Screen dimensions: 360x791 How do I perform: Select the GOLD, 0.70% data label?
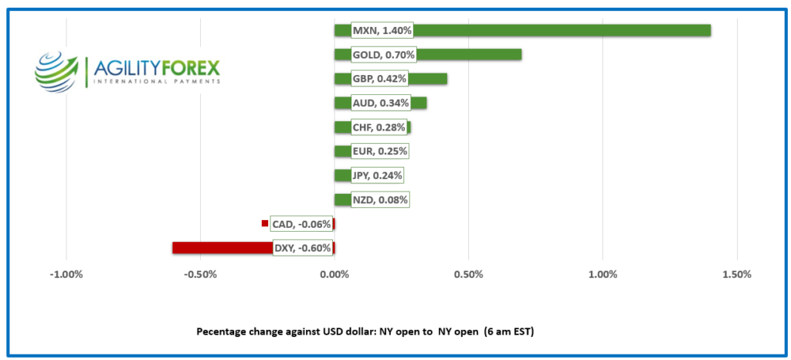(x=383, y=55)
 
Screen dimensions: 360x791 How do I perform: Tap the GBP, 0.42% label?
(x=379, y=79)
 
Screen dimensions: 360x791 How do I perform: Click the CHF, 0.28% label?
(x=379, y=127)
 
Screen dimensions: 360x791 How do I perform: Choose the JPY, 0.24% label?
(x=377, y=175)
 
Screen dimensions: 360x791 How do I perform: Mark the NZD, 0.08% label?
(x=379, y=199)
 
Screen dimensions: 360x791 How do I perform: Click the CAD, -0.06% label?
(x=301, y=224)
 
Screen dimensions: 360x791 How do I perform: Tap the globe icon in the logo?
(x=58, y=70)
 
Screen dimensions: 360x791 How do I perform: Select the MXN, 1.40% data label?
(x=382, y=31)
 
